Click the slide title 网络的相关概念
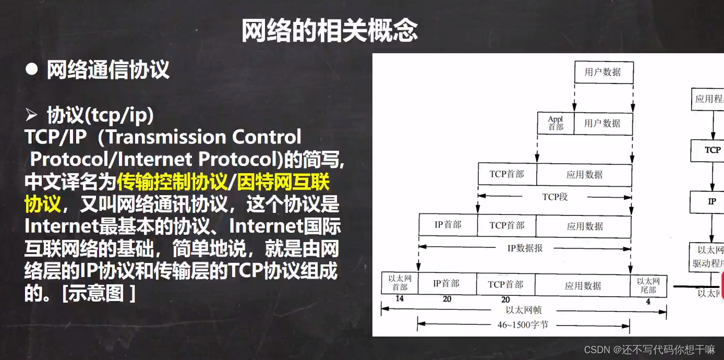pyautogui.click(x=330, y=31)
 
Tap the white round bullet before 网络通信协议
pyautogui.click(x=32, y=69)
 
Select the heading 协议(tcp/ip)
pyautogui.click(x=100, y=116)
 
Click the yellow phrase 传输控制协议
pyautogui.click(x=173, y=182)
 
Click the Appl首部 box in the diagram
pyautogui.click(x=556, y=124)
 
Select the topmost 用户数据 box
pyautogui.click(x=604, y=73)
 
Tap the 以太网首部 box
pyautogui.click(x=400, y=283)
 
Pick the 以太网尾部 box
pyautogui.click(x=648, y=285)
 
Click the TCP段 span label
pyautogui.click(x=554, y=197)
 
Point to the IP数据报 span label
pyautogui.click(x=525, y=248)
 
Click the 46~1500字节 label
pyautogui.click(x=523, y=325)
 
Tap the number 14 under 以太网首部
pyautogui.click(x=400, y=299)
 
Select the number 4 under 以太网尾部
pyautogui.click(x=648, y=301)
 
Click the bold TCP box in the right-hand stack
pyautogui.click(x=713, y=150)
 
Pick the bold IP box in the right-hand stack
pyautogui.click(x=712, y=201)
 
